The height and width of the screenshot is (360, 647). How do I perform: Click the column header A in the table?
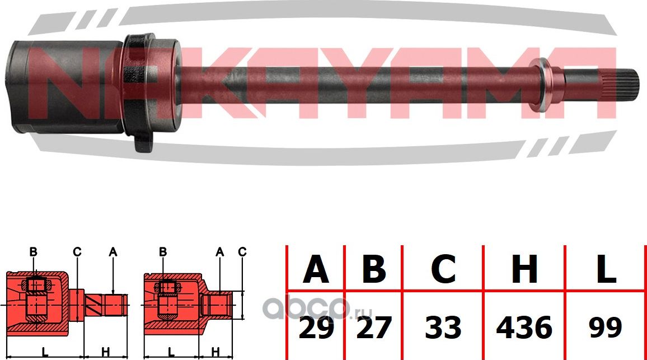316,269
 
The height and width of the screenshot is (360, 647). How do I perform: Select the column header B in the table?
373,269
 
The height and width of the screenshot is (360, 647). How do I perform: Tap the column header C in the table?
443,269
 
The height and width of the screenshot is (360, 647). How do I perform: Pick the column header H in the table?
524,269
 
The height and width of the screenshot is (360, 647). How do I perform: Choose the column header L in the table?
606,269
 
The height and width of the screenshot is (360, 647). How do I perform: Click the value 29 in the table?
316,328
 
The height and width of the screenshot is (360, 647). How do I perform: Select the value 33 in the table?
443,328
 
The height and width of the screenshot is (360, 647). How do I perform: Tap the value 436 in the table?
524,328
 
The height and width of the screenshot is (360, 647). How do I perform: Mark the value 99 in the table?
606,328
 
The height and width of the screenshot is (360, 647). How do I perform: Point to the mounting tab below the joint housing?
142,143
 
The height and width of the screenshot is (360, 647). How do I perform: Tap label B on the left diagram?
33,253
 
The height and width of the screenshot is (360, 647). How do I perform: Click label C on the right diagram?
242,253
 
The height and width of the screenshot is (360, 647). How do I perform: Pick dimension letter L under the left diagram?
44,351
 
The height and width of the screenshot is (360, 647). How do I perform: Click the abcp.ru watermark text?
305,307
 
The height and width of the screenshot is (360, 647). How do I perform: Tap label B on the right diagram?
163,253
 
